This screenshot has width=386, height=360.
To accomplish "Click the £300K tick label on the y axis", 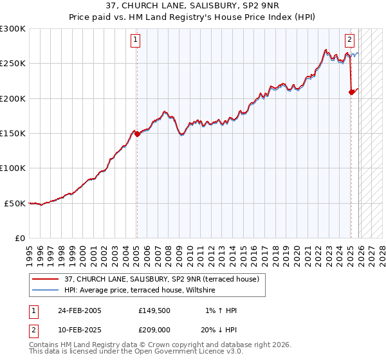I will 13,29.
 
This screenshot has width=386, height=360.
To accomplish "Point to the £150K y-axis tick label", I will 13,134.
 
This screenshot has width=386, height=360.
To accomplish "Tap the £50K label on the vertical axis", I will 15,203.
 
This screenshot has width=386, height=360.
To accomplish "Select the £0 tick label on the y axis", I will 20,238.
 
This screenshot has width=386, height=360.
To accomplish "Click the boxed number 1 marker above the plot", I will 136,40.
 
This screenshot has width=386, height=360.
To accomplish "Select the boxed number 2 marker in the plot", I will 349,40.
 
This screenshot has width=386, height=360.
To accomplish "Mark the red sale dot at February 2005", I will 136,134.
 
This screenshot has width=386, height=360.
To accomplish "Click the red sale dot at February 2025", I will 351,92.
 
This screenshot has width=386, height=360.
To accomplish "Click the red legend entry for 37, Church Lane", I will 161,279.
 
